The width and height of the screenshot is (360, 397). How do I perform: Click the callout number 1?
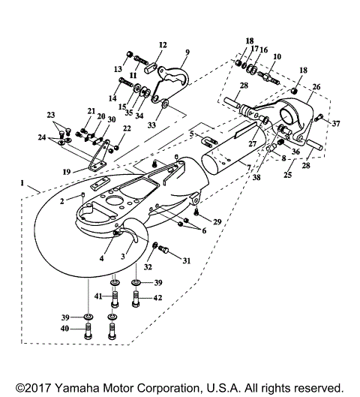pos(22,183)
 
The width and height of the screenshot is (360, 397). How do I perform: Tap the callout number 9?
pos(187,52)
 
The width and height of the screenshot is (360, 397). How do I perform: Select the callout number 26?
pos(316,87)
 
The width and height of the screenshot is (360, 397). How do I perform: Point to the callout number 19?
pos(67,172)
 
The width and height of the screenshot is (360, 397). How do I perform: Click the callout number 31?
pos(187,260)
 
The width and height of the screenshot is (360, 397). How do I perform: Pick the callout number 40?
pos(64,329)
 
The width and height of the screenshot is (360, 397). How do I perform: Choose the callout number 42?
pos(157,298)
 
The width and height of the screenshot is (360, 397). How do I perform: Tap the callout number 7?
pos(249,167)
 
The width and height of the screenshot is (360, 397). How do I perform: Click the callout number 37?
pos(336,123)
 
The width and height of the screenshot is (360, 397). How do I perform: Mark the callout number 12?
pos(163,45)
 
